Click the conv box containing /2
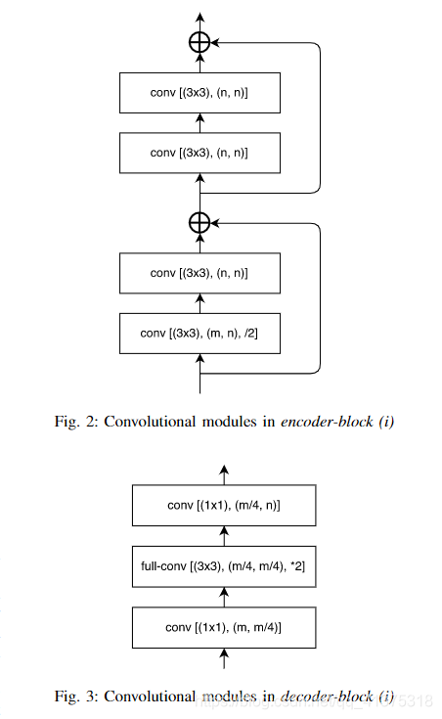199,333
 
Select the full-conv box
226,565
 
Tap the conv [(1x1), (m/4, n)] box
226,506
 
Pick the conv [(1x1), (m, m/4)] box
226,625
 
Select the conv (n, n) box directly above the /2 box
199,273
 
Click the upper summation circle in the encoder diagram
199,42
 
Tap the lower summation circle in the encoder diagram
199,223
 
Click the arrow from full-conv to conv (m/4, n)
226,535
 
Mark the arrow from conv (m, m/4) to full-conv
226,595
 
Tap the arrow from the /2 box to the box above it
199,303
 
